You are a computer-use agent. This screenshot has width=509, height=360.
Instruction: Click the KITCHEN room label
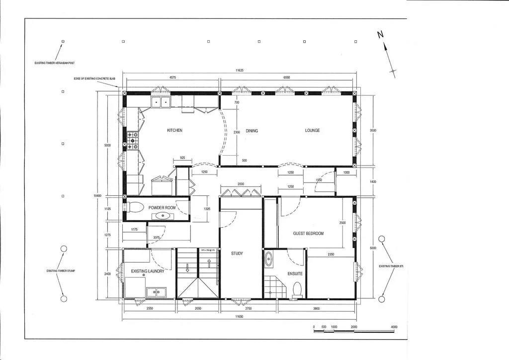point(174,130)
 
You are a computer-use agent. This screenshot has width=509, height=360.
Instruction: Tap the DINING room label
point(252,131)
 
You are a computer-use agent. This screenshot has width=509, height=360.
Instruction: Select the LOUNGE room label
point(312,130)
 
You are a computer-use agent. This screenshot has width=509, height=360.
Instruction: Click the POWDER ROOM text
point(162,207)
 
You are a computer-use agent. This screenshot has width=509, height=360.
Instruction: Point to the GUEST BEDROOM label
point(308,233)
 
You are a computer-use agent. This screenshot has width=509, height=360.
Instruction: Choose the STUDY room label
point(237,254)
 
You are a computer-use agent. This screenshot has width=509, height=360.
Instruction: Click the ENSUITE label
point(295,274)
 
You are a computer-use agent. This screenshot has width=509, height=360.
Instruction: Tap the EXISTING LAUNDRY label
point(148,271)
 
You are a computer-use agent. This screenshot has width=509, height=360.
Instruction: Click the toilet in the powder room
point(135,206)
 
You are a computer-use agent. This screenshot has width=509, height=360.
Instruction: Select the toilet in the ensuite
point(298,289)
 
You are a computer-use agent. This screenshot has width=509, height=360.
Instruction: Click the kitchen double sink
point(161,102)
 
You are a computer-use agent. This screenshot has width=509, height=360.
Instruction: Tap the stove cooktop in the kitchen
point(132,140)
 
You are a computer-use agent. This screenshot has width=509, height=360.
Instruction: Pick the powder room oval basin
point(162,216)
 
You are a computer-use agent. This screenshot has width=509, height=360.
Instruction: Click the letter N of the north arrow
point(380,34)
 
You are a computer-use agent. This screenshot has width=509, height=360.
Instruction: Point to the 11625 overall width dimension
point(239,71)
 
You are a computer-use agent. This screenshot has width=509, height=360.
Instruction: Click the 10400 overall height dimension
point(97,196)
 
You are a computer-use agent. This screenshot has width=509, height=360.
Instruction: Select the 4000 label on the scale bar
point(394,327)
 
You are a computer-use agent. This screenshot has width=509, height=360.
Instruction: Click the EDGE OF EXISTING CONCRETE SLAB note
point(94,79)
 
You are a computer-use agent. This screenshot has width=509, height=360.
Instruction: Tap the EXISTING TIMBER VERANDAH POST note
point(55,63)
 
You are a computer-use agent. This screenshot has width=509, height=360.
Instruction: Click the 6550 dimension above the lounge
point(286,78)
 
